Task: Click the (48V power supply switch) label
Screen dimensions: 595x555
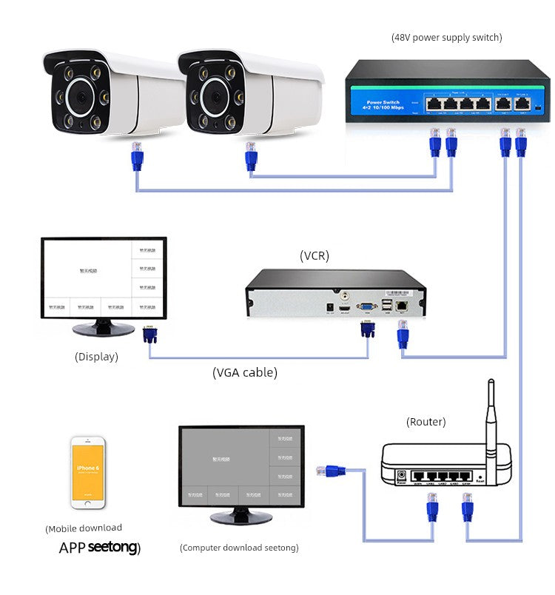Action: pos(446,37)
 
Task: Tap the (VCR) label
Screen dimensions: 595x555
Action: pos(314,256)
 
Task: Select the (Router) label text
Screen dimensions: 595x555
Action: pos(425,422)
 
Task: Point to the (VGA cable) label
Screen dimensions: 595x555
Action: pos(245,373)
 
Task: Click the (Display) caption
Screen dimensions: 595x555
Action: pos(96,357)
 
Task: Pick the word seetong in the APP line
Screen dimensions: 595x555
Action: pos(112,548)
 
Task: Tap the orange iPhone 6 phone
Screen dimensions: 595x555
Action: pos(88,472)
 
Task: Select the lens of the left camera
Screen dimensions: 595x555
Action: pos(78,98)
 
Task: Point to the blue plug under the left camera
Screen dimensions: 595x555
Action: pos(136,156)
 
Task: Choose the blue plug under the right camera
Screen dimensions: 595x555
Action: pos(250,156)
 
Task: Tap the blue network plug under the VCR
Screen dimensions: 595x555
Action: pos(403,337)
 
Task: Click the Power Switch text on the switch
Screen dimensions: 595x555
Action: pos(382,102)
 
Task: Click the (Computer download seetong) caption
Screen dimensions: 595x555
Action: pos(239,548)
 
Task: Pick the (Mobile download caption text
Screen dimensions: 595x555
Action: pos(84,528)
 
